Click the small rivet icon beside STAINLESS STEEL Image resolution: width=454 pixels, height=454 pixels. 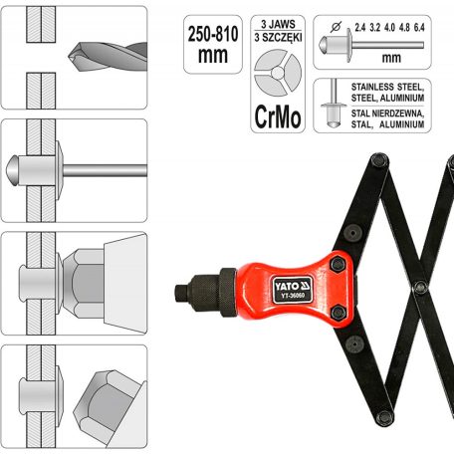[x=330, y=102]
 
